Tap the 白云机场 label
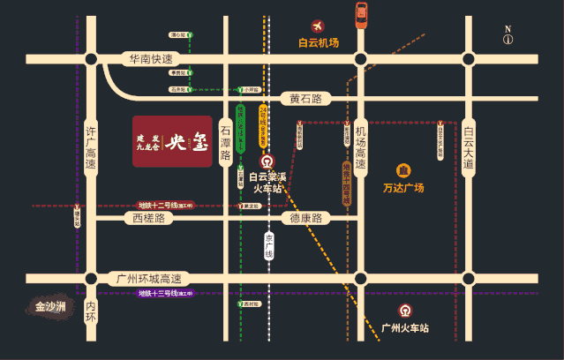319,42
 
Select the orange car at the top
361,15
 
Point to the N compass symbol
508,35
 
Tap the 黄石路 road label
305,99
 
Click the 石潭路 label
225,141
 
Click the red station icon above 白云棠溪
267,161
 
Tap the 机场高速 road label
360,148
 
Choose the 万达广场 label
403,188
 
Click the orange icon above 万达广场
403,170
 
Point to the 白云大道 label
468,148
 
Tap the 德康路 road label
305,218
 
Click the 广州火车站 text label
405,328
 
